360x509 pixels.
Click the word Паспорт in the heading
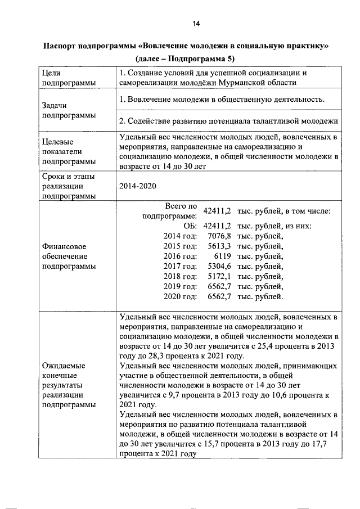tap(63, 45)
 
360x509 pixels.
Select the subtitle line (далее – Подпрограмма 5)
tap(185, 58)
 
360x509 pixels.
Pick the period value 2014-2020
tap(137, 186)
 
